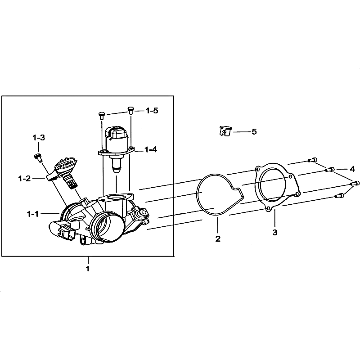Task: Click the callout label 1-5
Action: point(152,111)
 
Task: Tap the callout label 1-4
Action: point(151,150)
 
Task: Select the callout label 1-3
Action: point(39,138)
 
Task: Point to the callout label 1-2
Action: point(25,178)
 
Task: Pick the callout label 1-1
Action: point(33,214)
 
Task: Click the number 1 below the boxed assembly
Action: point(87,268)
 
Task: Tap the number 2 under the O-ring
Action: point(218,239)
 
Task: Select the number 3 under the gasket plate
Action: point(275,232)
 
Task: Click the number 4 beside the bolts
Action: point(352,169)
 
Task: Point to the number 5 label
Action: point(254,132)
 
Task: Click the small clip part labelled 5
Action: point(225,131)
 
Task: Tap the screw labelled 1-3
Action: point(38,157)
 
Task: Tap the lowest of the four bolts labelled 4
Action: point(340,196)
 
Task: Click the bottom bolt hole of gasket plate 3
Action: point(268,209)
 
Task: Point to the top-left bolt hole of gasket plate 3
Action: point(258,170)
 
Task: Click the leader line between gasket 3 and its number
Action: point(275,219)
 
